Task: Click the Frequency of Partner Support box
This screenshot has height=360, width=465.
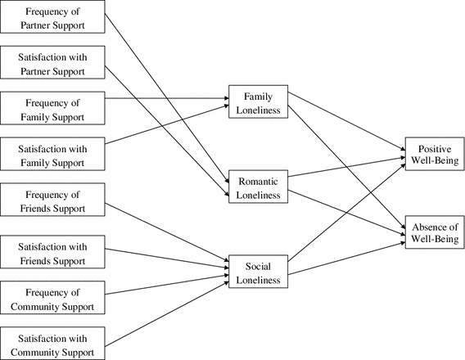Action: click(x=52, y=16)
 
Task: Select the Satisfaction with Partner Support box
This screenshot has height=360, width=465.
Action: click(x=52, y=62)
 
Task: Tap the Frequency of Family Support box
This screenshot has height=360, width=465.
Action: click(x=52, y=108)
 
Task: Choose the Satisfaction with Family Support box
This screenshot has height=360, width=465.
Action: click(x=52, y=154)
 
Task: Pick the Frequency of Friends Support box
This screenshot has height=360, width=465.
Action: click(x=52, y=200)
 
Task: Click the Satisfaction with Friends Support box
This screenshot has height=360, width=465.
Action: click(x=52, y=252)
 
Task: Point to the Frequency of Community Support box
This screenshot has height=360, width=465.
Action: click(x=52, y=298)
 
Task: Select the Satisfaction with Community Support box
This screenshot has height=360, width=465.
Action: click(x=52, y=344)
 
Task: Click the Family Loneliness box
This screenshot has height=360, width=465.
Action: click(x=259, y=101)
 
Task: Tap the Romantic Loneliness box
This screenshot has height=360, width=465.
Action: click(x=259, y=187)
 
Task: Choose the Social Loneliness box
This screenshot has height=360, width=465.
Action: click(x=259, y=272)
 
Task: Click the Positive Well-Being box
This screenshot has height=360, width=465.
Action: click(x=435, y=154)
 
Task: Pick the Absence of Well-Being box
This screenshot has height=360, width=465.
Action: click(x=435, y=232)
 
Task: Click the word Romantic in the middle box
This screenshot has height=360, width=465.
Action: click(x=259, y=182)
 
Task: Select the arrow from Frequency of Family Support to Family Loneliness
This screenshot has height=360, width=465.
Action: click(x=167, y=98)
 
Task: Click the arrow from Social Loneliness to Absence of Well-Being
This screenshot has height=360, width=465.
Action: click(x=346, y=259)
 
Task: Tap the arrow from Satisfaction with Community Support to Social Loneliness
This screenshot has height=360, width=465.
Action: click(x=167, y=314)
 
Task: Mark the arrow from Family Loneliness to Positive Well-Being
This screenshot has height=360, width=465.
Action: click(x=346, y=121)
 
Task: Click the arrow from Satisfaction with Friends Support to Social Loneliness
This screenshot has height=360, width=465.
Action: click(x=167, y=259)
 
